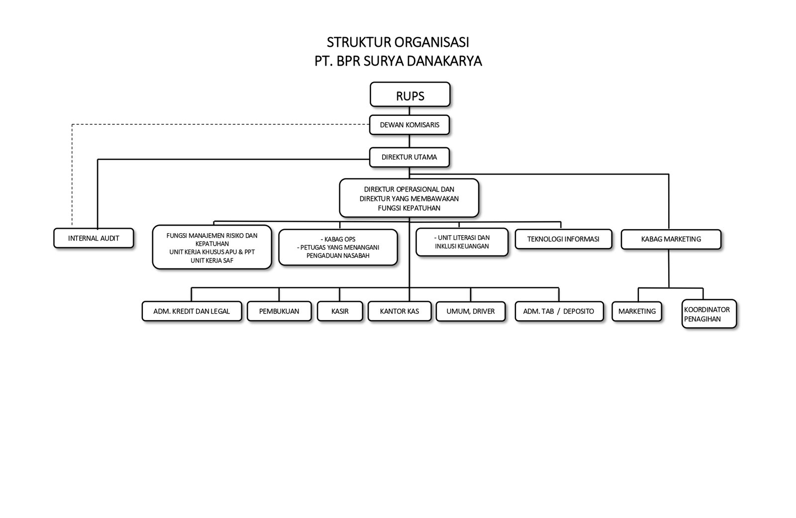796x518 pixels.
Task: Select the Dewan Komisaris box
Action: [409, 125]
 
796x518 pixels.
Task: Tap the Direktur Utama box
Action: [409, 157]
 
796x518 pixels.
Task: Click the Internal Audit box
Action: [94, 238]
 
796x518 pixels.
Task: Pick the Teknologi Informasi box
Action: [563, 239]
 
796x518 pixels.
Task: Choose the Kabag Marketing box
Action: [671, 239]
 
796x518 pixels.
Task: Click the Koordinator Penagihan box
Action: [708, 314]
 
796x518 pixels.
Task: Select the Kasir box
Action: [340, 311]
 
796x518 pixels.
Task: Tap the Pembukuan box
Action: [279, 311]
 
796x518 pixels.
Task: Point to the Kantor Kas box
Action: [399, 311]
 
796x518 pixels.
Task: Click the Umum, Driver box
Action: [471, 311]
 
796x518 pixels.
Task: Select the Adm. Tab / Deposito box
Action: [558, 311]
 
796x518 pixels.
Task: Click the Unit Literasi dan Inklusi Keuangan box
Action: [462, 242]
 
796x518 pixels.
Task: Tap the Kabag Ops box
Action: [338, 247]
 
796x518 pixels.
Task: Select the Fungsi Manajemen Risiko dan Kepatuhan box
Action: [211, 247]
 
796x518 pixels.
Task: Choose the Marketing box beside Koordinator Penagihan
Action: [637, 311]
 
